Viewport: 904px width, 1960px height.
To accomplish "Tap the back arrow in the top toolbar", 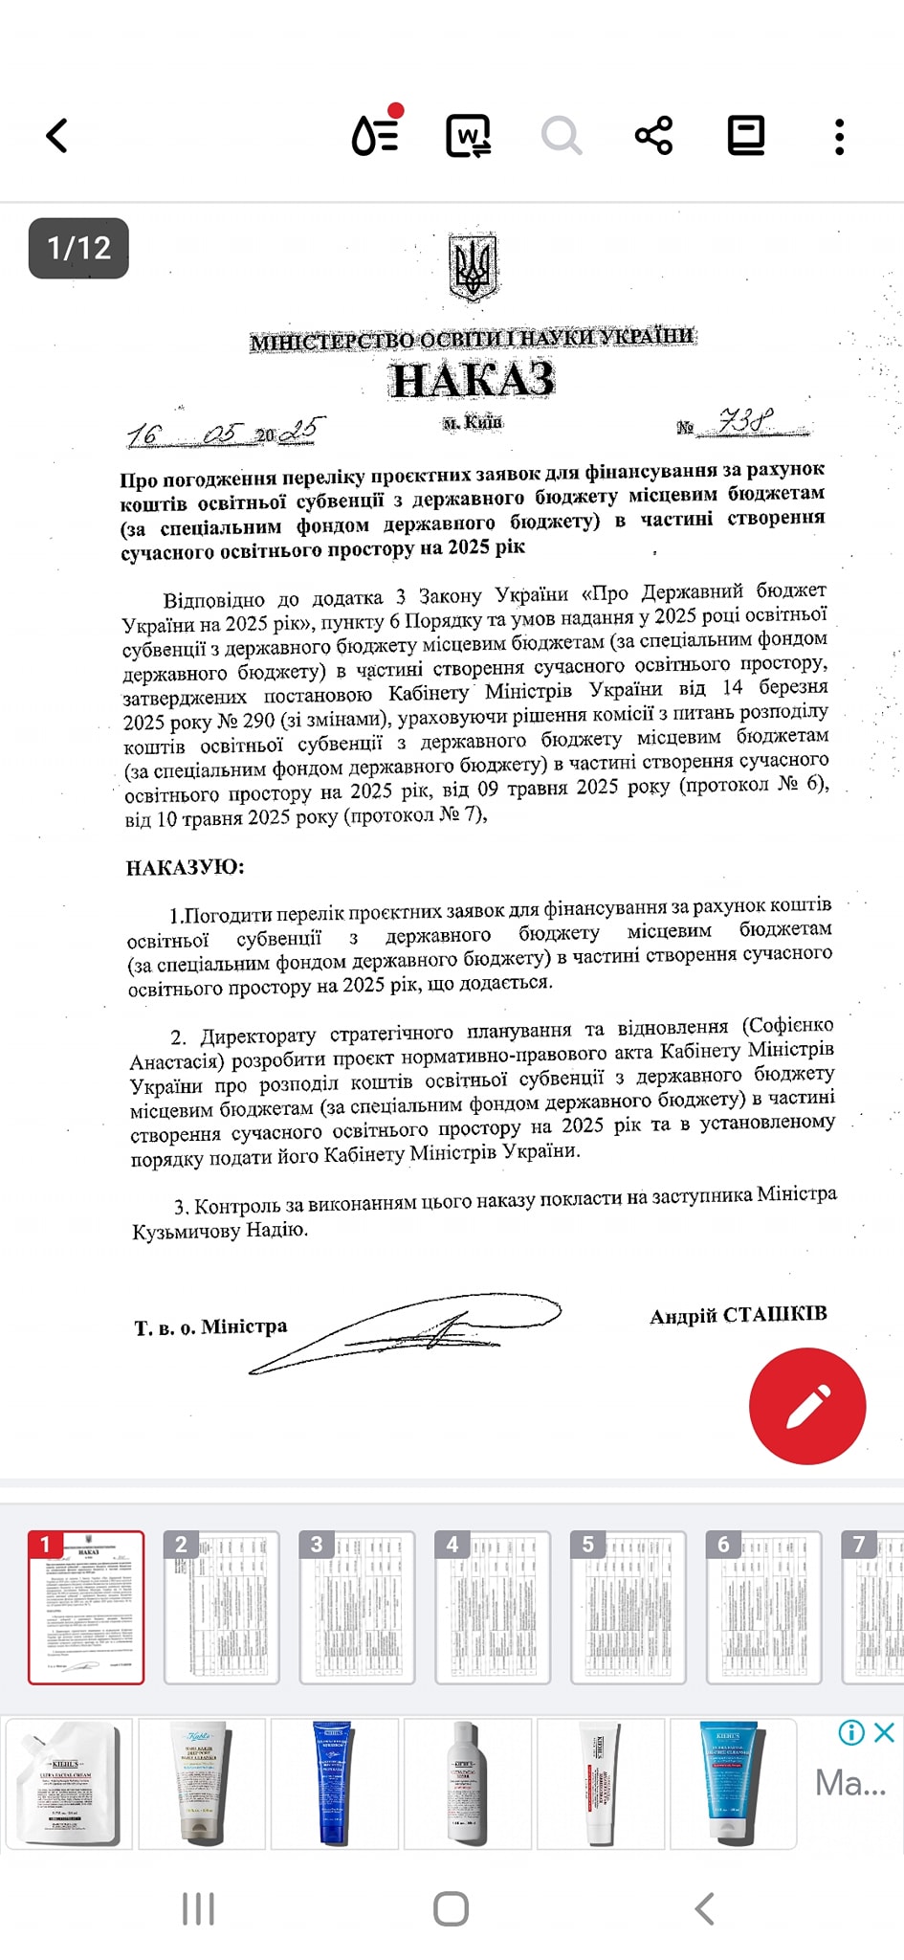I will coord(57,136).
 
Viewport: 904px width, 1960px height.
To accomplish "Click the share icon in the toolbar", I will coord(654,136).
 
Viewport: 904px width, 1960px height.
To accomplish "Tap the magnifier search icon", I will coord(562,136).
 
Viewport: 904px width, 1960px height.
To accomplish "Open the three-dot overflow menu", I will coord(839,137).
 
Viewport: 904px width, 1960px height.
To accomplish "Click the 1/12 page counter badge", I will coord(78,249).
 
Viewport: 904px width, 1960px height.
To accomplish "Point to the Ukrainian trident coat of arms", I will coord(473,267).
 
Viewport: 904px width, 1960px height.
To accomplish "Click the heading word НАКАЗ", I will coord(473,380).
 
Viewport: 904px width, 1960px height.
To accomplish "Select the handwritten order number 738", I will coord(745,420).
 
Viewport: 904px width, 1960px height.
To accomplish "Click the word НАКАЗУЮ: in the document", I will coord(185,867).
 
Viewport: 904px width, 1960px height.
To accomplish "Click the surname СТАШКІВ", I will coord(775,1314).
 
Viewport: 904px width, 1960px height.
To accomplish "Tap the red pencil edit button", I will coord(807,1406).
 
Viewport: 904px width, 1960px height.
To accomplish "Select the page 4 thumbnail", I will coord(492,1607).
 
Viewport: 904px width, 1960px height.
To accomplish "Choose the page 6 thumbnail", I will coord(763,1607).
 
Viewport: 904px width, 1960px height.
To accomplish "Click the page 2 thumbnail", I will coord(221,1607).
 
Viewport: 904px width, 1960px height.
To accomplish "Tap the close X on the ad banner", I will coord(885,1731).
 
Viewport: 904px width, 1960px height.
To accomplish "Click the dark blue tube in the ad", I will coord(333,1782).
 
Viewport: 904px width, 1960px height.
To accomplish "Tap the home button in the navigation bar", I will coord(451,1908).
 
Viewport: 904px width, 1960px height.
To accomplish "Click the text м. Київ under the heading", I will coord(473,422).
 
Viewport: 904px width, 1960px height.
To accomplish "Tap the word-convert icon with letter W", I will coord(469,136).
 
